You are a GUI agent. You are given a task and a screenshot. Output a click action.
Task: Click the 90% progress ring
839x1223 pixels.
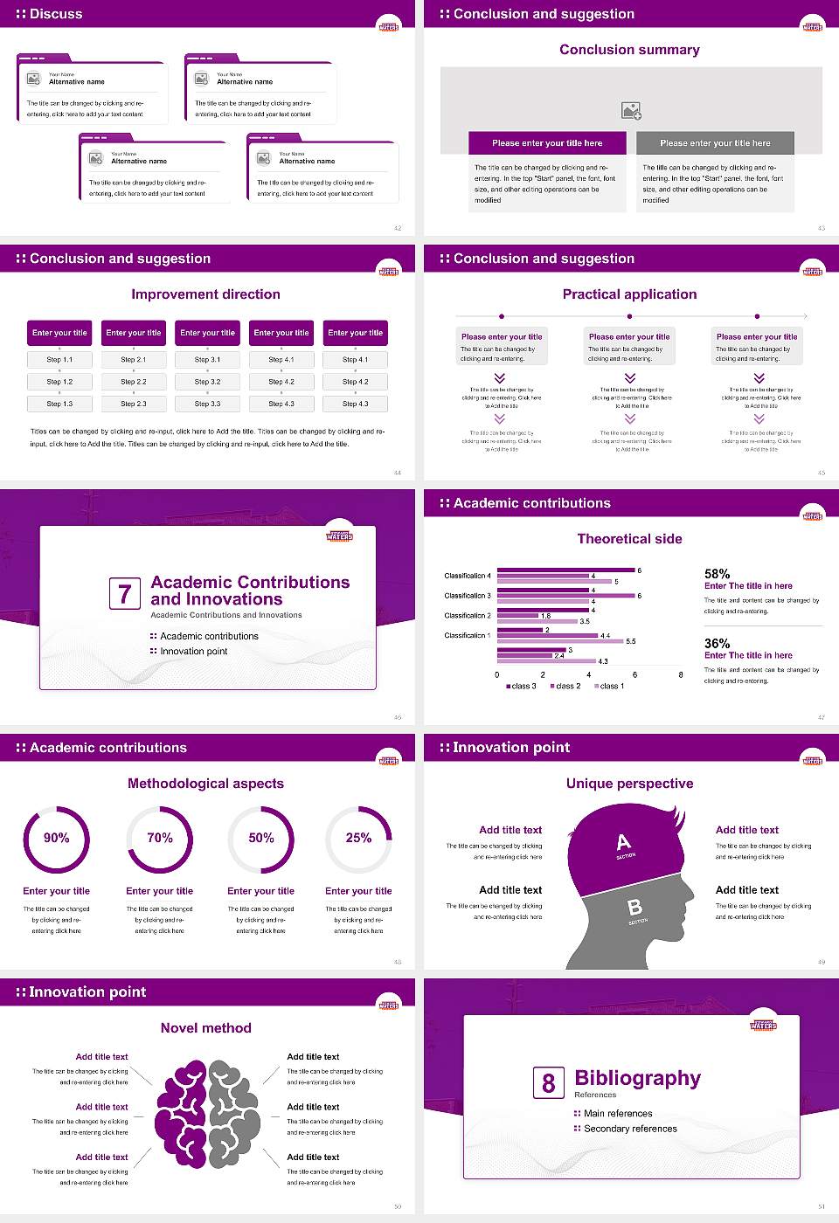57,839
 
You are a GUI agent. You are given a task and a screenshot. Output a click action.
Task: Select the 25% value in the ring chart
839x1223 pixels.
358,838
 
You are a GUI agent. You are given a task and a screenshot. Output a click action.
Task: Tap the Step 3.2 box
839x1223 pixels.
207,382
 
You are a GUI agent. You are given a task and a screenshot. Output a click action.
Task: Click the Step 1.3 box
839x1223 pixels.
59,404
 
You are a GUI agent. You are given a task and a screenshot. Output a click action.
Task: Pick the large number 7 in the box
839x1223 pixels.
124,594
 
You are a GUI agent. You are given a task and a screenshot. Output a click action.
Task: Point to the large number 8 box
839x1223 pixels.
548,1083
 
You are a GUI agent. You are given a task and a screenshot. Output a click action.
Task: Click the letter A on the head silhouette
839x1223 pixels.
623,842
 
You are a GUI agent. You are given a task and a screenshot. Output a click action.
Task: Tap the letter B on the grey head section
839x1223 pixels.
635,908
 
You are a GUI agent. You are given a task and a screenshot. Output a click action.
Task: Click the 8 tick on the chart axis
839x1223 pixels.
681,674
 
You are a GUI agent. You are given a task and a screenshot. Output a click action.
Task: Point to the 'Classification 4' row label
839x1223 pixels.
468,576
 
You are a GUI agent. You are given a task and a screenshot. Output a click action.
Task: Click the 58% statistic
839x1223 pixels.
717,574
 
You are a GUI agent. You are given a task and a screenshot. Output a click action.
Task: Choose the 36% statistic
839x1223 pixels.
717,643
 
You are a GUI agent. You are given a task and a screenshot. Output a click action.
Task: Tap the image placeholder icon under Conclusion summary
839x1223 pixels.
631,111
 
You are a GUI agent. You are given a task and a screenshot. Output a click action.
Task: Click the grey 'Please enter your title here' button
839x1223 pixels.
715,143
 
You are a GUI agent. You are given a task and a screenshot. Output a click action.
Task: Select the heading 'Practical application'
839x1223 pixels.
629,294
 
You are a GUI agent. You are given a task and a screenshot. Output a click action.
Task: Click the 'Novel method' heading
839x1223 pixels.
206,1028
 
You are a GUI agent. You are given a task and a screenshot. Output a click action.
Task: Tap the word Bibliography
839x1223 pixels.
638,1078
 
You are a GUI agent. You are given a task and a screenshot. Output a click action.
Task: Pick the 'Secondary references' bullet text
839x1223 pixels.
630,1129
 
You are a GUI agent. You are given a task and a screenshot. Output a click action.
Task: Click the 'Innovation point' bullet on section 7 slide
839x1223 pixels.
193,651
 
